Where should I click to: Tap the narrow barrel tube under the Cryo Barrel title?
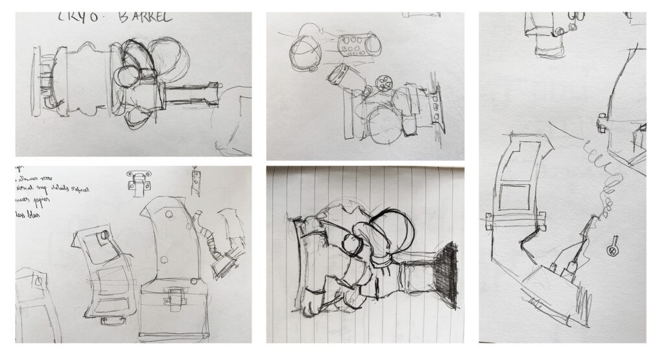click(191, 94)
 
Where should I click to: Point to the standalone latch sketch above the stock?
click(139, 182)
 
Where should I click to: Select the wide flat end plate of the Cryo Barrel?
click(37, 81)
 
